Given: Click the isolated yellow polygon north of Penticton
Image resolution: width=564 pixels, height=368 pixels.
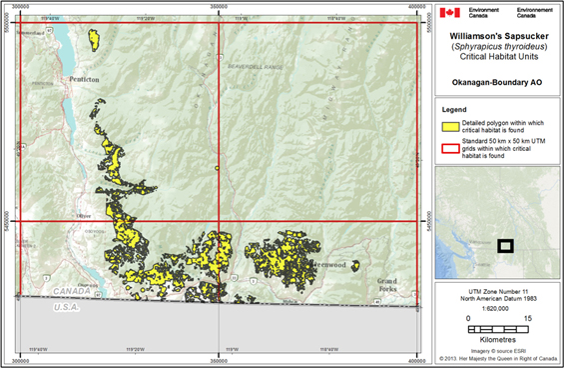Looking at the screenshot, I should tap(95, 40).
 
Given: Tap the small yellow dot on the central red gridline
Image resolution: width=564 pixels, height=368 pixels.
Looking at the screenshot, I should tap(217, 169).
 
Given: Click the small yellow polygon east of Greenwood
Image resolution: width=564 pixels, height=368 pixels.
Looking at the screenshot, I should tap(354, 265).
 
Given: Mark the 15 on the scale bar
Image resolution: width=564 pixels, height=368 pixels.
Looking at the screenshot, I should tap(527, 318).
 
